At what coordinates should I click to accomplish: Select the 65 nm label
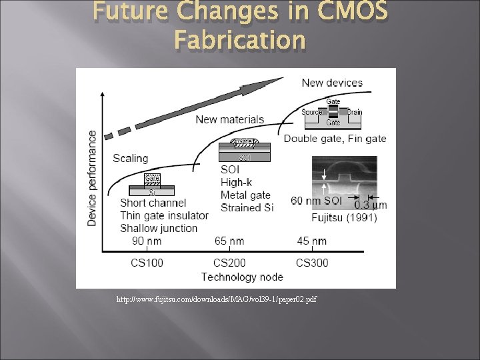[229, 241]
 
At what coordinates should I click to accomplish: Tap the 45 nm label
[313, 241]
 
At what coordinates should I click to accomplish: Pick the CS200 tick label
[229, 263]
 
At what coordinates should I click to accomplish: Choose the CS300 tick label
[312, 263]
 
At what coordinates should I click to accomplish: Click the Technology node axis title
[242, 277]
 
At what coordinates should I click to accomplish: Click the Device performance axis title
[92, 177]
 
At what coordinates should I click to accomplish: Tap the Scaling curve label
[131, 158]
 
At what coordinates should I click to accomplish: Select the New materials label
[229, 119]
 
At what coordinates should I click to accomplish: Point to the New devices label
[332, 83]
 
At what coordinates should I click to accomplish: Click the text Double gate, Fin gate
[335, 139]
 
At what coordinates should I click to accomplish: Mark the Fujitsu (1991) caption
[344, 217]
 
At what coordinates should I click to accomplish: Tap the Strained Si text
[247, 207]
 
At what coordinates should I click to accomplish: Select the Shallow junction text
[159, 228]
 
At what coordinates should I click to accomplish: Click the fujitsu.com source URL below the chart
[217, 299]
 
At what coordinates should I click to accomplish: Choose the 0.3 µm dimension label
[370, 205]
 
